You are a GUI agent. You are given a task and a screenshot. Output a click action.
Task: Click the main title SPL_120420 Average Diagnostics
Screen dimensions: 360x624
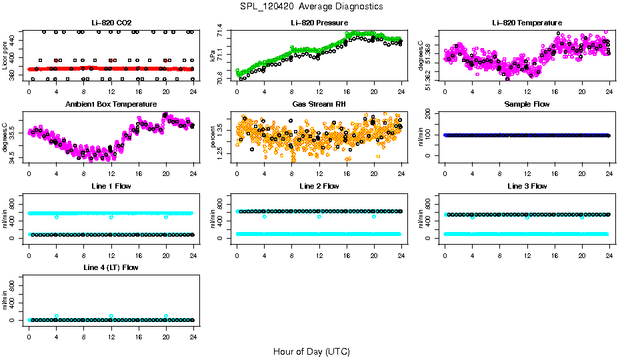coord(311,6)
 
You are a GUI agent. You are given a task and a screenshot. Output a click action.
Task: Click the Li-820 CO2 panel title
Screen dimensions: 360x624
coord(111,23)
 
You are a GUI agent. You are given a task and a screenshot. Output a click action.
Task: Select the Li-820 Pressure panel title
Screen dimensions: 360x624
coord(319,23)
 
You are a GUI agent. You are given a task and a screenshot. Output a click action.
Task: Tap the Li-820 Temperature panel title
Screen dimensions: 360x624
coord(527,23)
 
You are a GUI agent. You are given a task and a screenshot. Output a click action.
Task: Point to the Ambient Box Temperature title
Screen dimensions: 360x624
coord(111,105)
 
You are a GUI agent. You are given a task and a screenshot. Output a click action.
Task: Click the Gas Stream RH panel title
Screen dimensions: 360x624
coord(319,105)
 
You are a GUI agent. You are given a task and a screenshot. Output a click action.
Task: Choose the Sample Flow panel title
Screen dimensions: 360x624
coord(527,105)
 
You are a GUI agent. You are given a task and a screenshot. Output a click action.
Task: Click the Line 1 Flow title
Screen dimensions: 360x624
coord(111,186)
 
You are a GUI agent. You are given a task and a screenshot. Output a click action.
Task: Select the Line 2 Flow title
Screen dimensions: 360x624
coord(319,186)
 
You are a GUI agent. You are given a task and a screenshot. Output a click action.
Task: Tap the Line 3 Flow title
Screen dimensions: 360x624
coord(527,186)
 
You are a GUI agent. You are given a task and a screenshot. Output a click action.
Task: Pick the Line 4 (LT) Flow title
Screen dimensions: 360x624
coord(111,267)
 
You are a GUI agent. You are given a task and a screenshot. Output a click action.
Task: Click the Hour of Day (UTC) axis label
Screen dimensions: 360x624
coord(311,351)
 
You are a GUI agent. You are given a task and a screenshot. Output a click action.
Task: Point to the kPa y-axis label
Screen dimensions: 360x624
coord(213,55)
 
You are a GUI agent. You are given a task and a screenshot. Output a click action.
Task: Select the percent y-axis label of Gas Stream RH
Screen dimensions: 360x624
coord(213,136)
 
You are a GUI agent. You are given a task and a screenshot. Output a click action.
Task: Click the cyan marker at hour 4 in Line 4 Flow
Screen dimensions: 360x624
coord(57,316)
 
